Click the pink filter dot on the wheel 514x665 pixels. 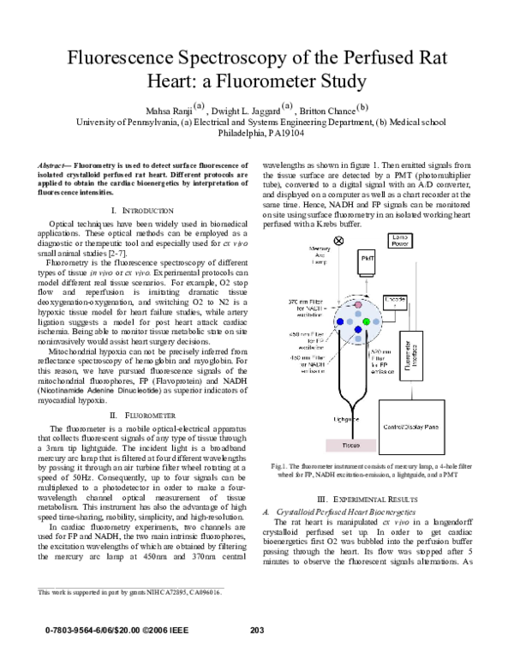tap(347, 304)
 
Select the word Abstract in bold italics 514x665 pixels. tap(56, 165)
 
